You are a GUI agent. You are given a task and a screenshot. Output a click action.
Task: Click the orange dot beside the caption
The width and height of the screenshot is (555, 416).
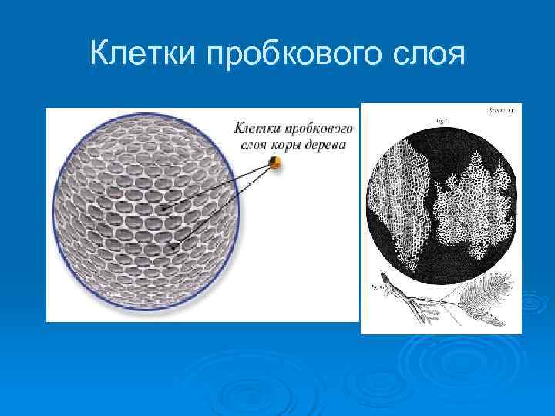(x=274, y=162)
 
